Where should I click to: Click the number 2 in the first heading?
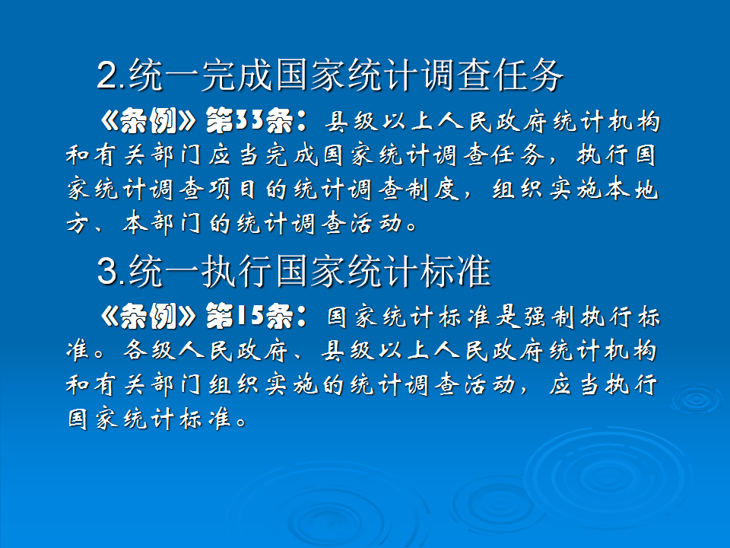(x=107, y=76)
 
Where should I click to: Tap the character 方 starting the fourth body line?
(x=78, y=225)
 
